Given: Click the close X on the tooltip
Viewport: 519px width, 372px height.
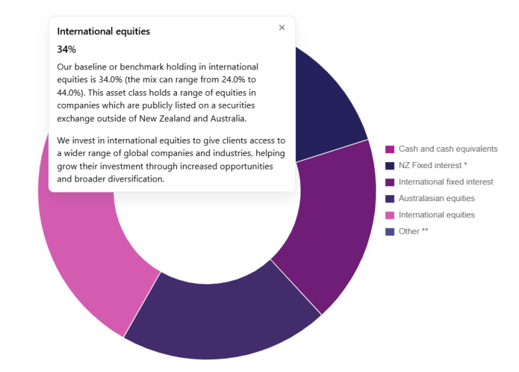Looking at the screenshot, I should (x=282, y=28).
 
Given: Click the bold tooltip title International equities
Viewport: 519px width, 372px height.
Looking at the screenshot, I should (x=103, y=31).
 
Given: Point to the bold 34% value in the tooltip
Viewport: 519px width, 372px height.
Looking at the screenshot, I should (x=66, y=49).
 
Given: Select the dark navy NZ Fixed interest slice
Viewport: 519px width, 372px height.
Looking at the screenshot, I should (x=324, y=101).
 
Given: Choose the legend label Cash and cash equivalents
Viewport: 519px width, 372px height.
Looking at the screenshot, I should (x=447, y=149).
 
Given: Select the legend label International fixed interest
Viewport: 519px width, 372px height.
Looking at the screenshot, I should (x=445, y=182).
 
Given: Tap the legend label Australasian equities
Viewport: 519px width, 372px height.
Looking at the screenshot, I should (x=436, y=198).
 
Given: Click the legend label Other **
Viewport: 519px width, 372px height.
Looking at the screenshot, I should (x=413, y=232).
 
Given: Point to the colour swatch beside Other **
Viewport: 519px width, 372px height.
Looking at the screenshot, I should (x=390, y=232).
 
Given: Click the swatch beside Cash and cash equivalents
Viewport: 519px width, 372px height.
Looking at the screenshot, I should (x=390, y=149).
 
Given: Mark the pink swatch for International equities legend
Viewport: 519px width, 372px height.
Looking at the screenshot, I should (x=390, y=215).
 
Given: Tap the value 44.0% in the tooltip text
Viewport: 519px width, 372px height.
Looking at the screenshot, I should (x=72, y=92).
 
